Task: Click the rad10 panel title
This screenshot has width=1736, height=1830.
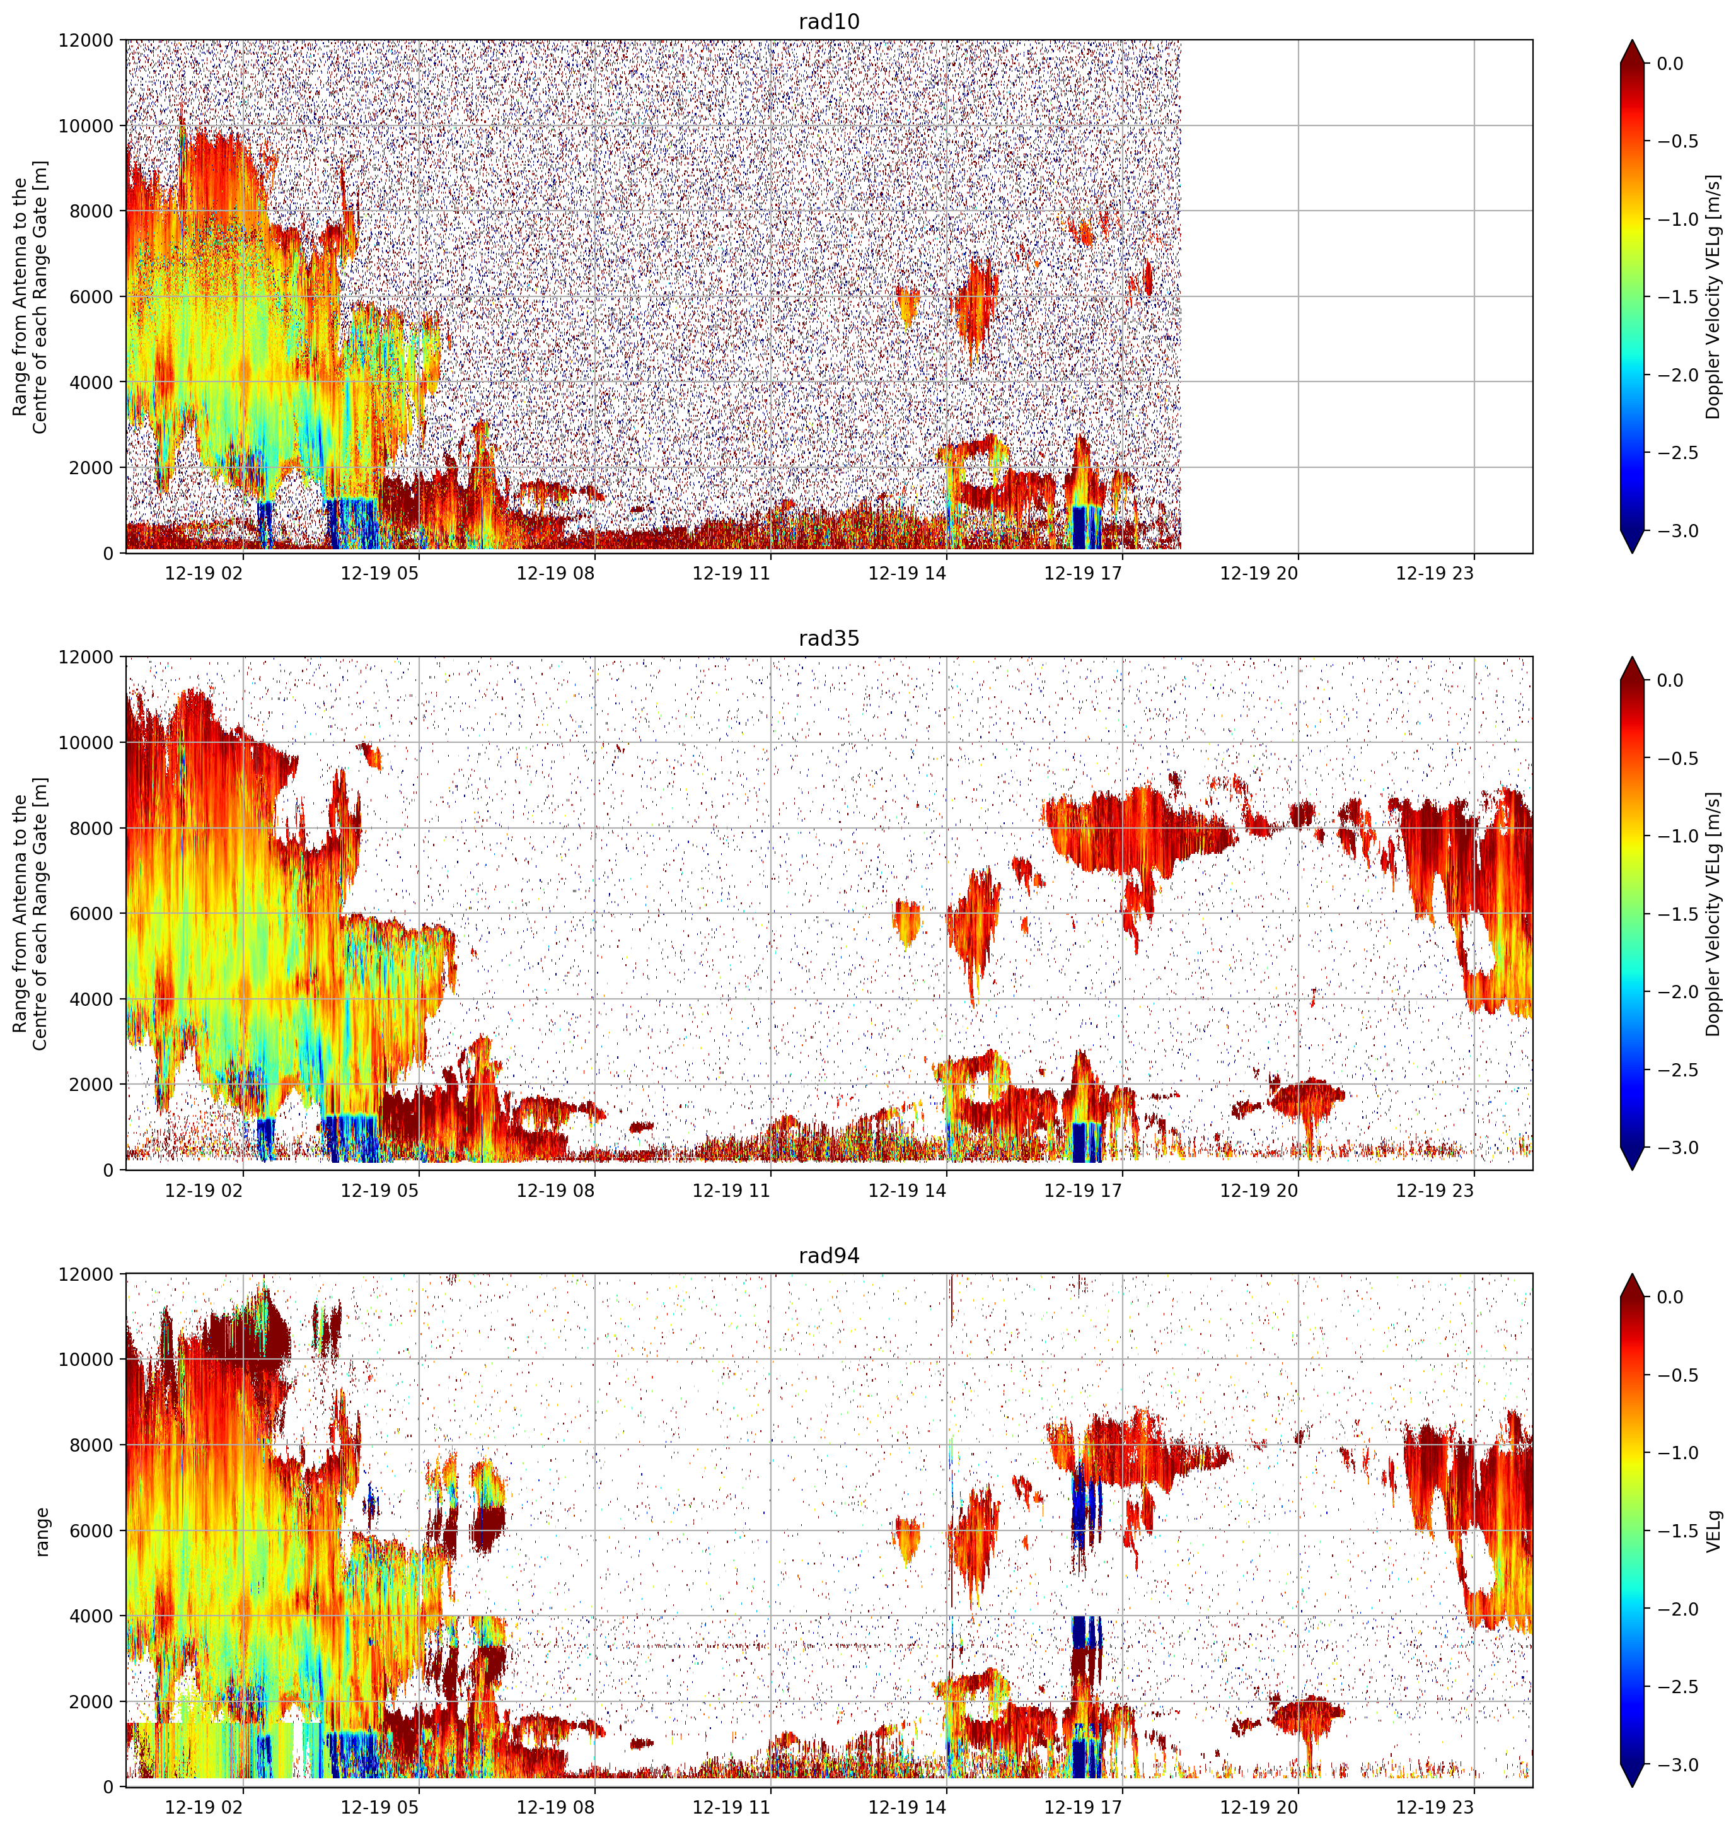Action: click(x=828, y=21)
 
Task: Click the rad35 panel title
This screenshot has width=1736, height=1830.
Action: click(x=828, y=638)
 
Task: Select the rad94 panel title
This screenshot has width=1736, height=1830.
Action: click(x=828, y=1255)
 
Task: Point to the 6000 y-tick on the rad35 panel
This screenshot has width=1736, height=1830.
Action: click(x=93, y=914)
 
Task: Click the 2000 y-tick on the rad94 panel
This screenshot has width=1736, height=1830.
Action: click(x=93, y=1701)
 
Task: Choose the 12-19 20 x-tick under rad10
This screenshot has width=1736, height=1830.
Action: click(x=1259, y=573)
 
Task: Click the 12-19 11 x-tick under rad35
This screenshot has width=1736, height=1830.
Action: click(x=731, y=1191)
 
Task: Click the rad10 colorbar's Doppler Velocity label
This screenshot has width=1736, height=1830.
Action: click(x=1713, y=296)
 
